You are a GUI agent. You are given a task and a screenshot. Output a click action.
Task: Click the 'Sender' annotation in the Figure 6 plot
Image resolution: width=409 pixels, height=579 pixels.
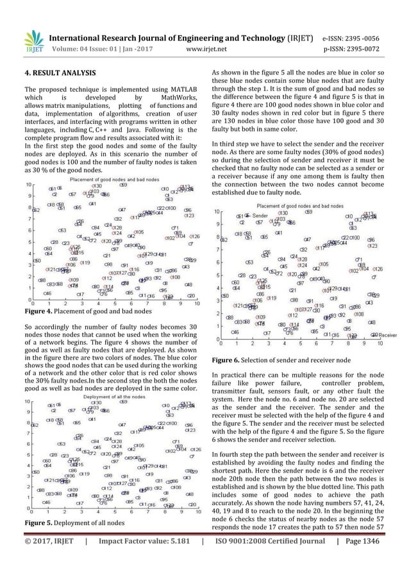pos(259,216)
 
